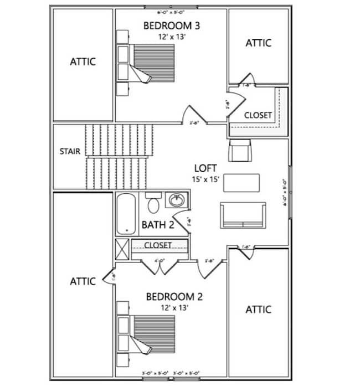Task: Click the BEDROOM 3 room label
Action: [171, 25]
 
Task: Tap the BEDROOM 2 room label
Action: [174, 297]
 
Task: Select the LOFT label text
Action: [205, 168]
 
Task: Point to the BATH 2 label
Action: [158, 225]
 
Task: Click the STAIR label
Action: [70, 151]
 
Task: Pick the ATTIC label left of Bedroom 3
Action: [83, 61]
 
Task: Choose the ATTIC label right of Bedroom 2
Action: [259, 309]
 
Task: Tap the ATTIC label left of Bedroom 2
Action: [83, 281]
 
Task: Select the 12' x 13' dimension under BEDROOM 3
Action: [171, 37]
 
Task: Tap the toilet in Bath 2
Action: [153, 203]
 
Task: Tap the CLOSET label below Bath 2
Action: [158, 245]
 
